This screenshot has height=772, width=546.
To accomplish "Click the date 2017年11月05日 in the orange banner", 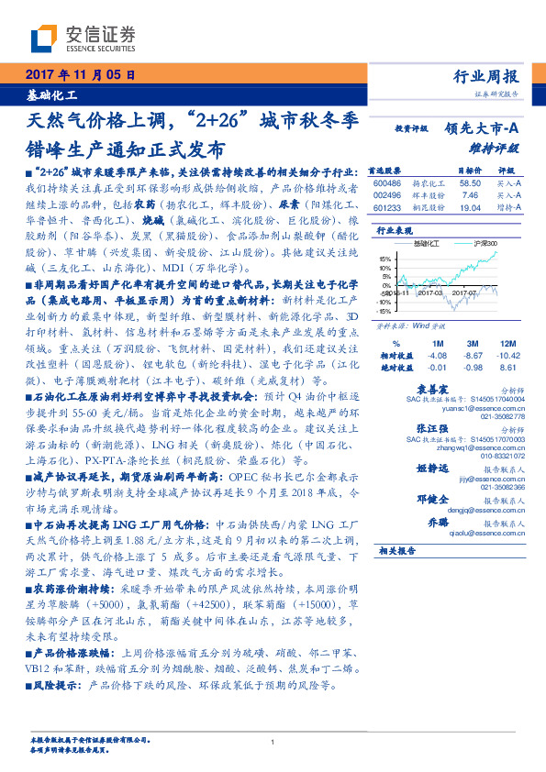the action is coord(79,76).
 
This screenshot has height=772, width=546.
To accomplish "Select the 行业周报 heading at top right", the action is coord(486,77).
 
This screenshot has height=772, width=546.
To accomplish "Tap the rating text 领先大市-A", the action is coord(483,129).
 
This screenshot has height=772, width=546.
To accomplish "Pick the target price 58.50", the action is coord(469,183).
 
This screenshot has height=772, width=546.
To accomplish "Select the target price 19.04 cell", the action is coord(469,208).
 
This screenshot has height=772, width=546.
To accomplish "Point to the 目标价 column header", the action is coord(469,171).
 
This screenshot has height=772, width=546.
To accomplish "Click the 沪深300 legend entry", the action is coord(484,242).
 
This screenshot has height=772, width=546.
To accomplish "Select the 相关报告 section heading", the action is coord(398,576).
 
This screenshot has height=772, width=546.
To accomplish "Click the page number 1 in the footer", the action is coord(273,744).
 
